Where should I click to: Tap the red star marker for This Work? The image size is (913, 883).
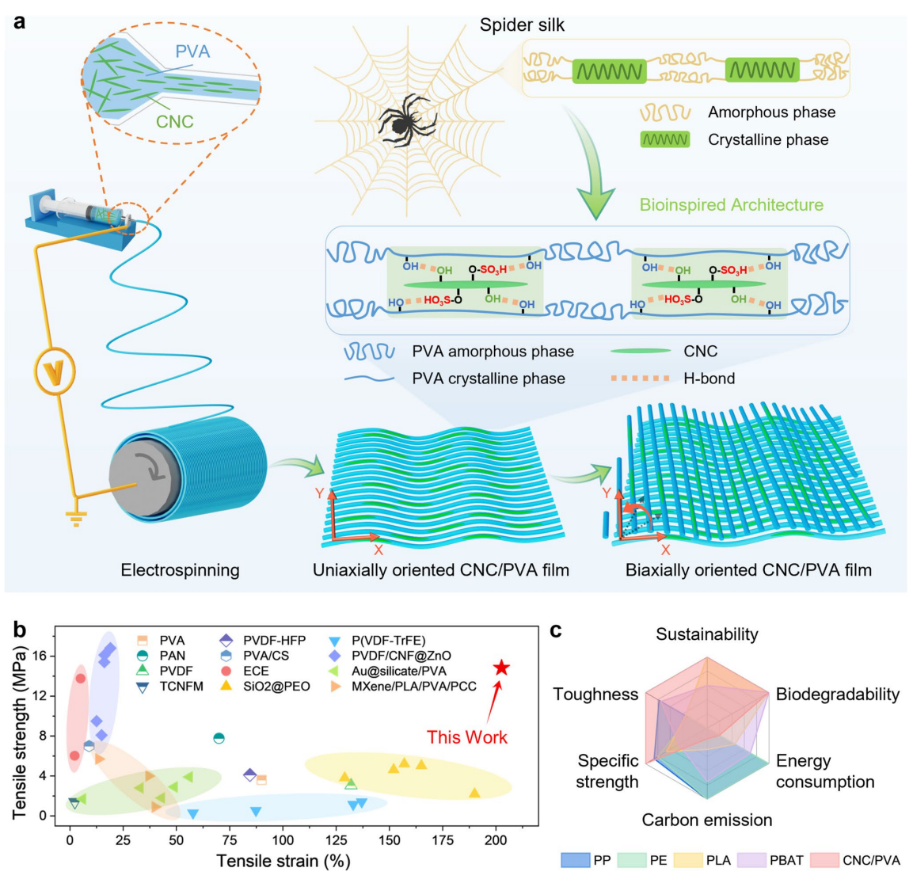tap(501, 668)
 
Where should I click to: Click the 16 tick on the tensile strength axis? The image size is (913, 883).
tap(38, 656)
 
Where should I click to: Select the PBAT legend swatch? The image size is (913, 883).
tap(751, 860)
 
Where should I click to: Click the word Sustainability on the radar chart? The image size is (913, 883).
tap(706, 634)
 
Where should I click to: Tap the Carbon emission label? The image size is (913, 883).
tap(706, 820)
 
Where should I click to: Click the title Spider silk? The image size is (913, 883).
tap(522, 25)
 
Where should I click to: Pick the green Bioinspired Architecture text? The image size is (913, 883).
tap(732, 205)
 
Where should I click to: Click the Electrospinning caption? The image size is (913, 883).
tap(180, 570)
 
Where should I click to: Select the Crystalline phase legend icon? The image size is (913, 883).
tap(664, 140)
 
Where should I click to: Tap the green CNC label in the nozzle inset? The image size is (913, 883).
tap(174, 122)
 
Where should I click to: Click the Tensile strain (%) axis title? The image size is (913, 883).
tap(283, 861)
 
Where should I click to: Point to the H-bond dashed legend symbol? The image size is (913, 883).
tap(639, 379)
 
